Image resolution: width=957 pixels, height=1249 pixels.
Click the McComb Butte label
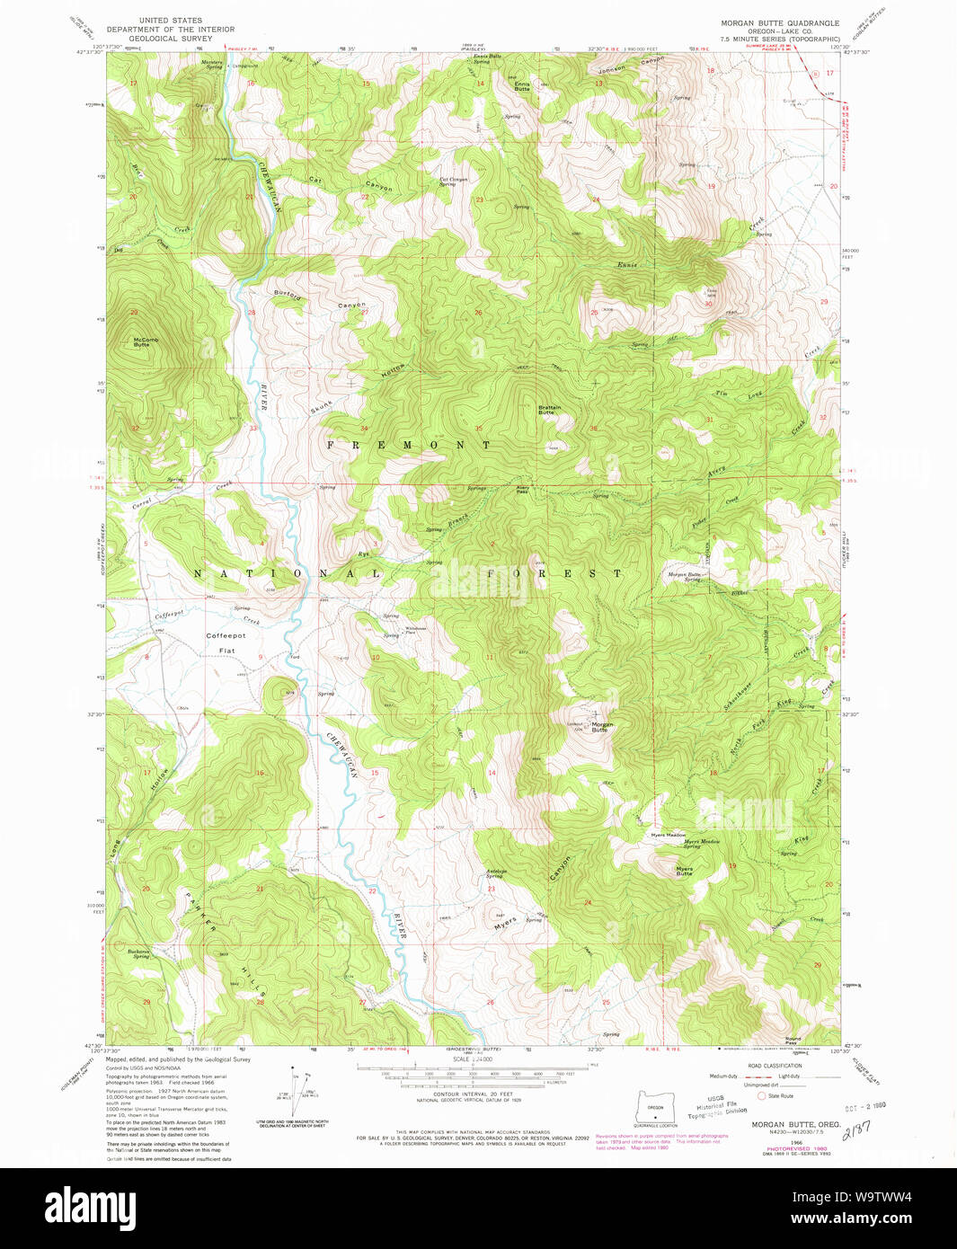coord(146,342)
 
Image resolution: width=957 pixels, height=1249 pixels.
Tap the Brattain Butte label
coord(549,410)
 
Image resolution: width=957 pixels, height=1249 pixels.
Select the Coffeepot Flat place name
coord(226,642)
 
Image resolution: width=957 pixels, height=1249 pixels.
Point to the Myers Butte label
coord(685,871)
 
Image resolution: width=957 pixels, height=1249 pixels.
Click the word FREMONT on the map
coord(408,445)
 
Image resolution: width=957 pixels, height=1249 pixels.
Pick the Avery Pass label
coord(522,490)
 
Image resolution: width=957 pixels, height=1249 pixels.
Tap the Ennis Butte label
coord(522,86)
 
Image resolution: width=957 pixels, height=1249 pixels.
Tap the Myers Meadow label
coord(669,835)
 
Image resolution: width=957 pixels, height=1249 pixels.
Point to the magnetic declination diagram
coord(297,1091)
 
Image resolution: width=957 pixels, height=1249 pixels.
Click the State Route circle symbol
coord(762,1095)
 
